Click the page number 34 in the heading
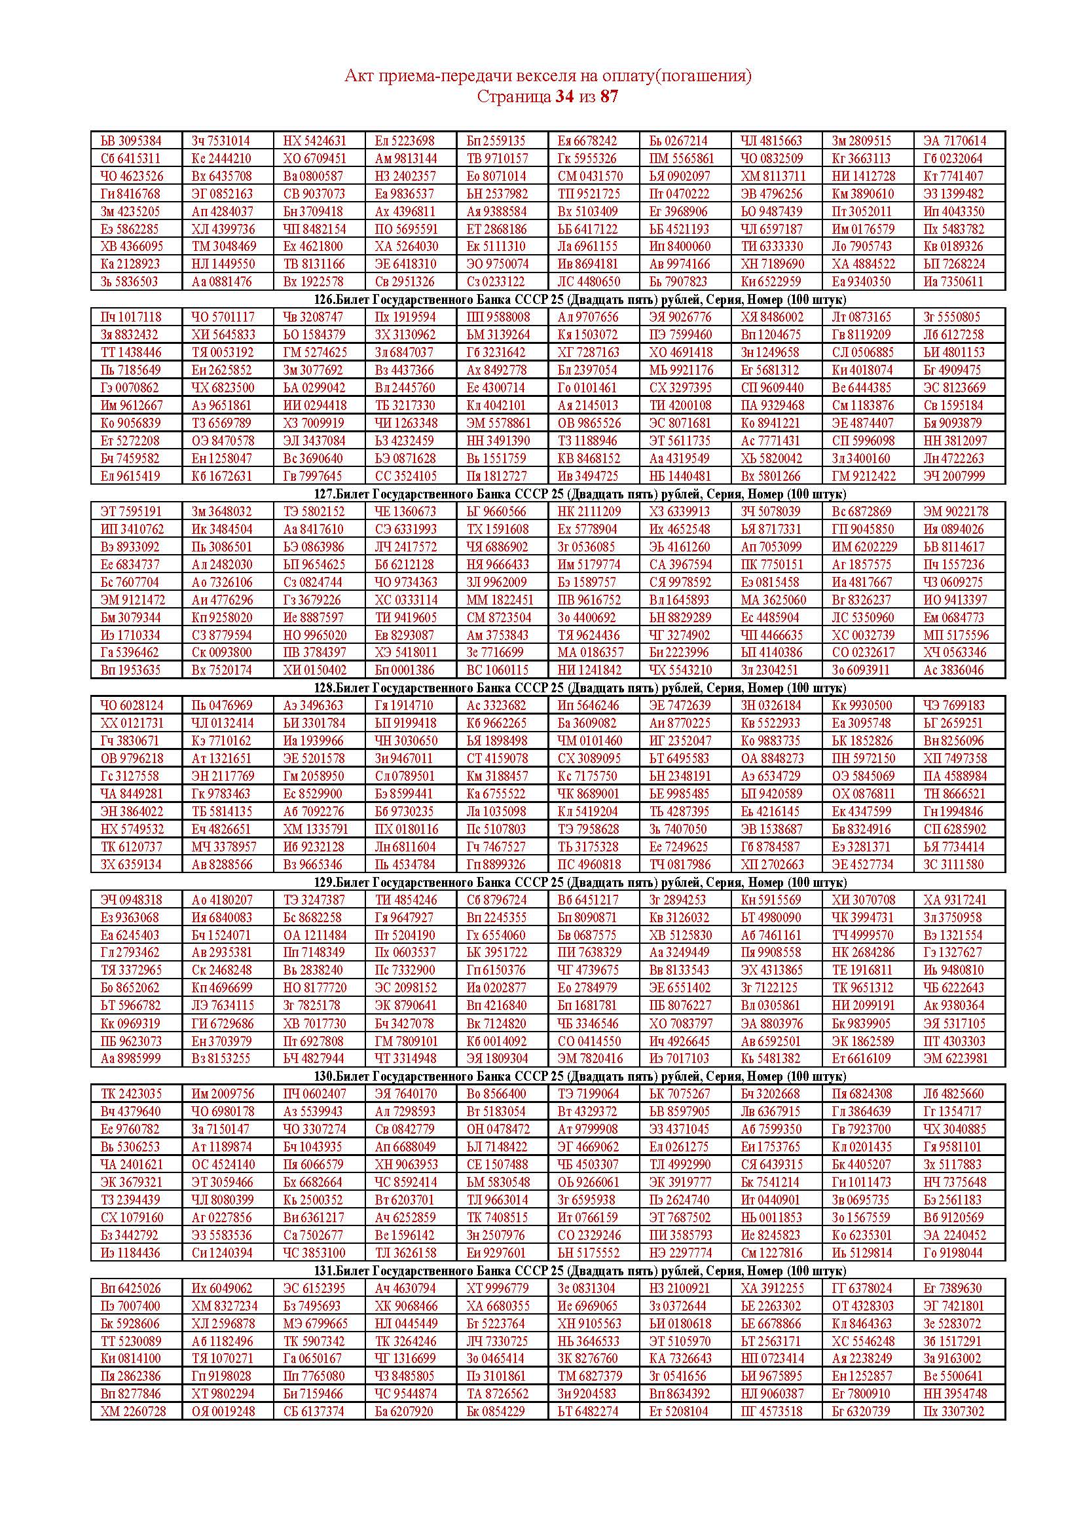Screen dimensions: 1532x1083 [564, 97]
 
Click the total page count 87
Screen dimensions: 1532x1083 [609, 97]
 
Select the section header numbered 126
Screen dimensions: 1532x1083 [547, 299]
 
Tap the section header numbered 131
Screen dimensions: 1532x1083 [547, 1271]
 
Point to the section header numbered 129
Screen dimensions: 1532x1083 [547, 882]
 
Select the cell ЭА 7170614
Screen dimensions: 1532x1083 [954, 141]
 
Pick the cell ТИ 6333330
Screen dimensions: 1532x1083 [771, 246]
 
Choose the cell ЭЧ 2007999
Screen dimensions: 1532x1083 [954, 476]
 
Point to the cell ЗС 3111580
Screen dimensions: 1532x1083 [954, 864]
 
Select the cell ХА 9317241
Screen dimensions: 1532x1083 [954, 899]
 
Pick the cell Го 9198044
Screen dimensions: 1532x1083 [954, 1252]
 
